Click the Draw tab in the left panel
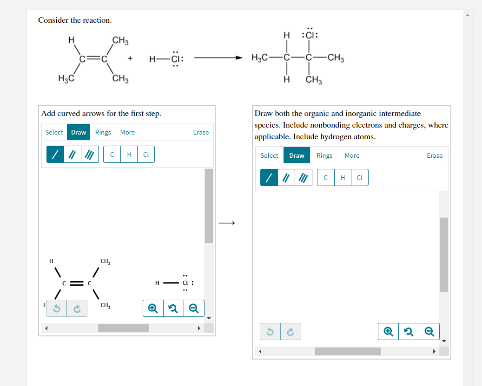pos(79,132)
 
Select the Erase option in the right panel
pos(435,155)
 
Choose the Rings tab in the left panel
pos(103,132)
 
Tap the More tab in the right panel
pos(352,155)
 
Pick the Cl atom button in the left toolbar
pos(146,154)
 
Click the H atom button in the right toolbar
pos(343,178)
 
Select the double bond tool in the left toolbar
pos(73,154)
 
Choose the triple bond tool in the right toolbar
pos(304,178)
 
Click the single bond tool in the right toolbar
pos(269,178)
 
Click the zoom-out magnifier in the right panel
pos(429,331)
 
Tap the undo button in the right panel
pos(270,332)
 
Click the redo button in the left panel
pos(77,309)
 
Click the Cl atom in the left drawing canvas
pos(185,283)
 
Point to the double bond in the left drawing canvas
pos(77,283)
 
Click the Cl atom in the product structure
pos(310,35)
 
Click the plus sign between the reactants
pos(130,58)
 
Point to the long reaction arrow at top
pos(218,58)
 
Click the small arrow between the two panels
pos(227,223)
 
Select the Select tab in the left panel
pos(54,132)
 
